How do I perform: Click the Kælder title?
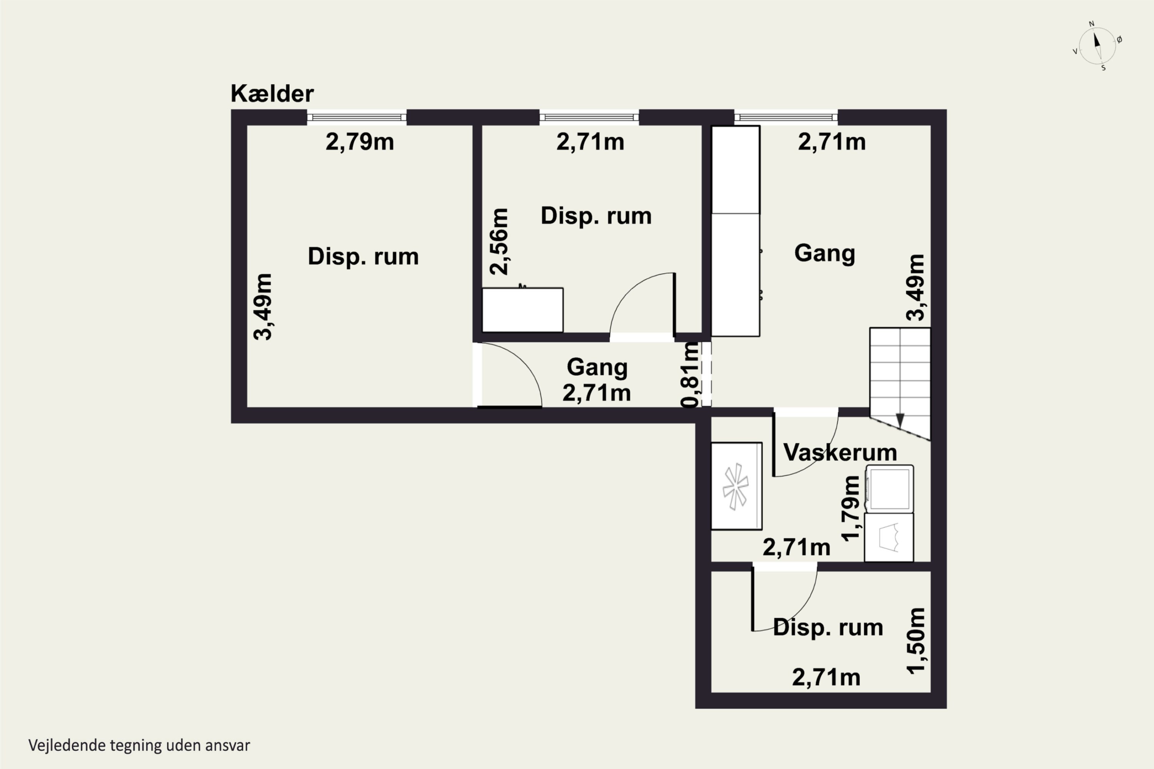pyautogui.click(x=272, y=93)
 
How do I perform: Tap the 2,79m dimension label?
pyautogui.click(x=360, y=142)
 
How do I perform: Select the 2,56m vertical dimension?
pyautogui.click(x=499, y=241)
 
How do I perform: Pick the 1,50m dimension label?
pyautogui.click(x=916, y=641)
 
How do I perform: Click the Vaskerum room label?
pyautogui.click(x=840, y=452)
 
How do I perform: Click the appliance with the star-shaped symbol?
pyautogui.click(x=737, y=486)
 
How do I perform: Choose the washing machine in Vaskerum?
pyautogui.click(x=889, y=489)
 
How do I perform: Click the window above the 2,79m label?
pyautogui.click(x=357, y=117)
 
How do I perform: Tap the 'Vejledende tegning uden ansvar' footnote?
pyautogui.click(x=139, y=746)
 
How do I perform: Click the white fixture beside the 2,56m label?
pyautogui.click(x=522, y=310)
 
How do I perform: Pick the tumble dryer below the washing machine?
pyautogui.click(x=889, y=538)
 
